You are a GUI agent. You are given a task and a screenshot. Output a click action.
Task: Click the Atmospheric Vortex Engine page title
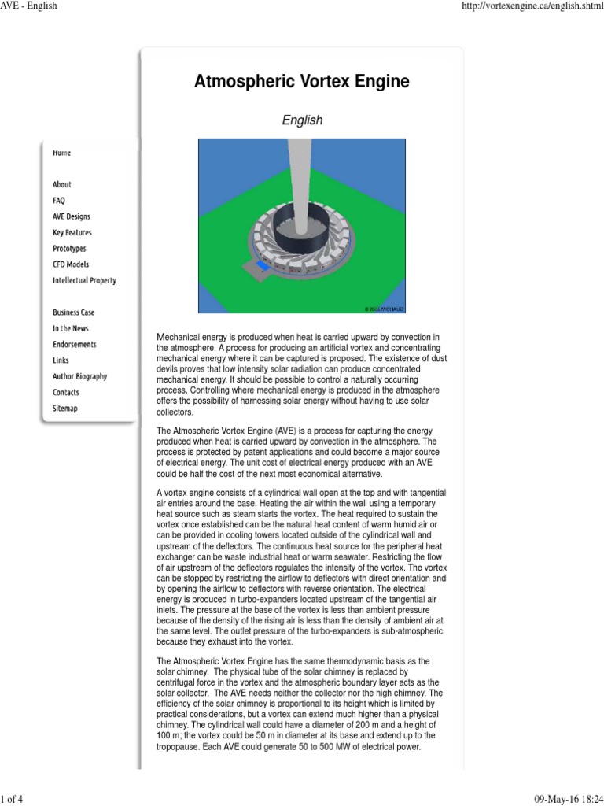click(x=302, y=82)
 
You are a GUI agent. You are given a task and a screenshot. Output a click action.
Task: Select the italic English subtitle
click(x=302, y=120)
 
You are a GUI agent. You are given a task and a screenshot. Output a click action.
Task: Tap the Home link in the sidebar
click(x=61, y=153)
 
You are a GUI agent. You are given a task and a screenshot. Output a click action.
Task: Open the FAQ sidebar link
click(x=59, y=201)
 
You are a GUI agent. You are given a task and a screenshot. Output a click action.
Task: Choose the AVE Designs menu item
click(x=71, y=216)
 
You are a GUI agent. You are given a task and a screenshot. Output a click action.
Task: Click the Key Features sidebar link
click(x=72, y=233)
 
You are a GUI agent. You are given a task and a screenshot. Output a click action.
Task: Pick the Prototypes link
click(x=69, y=249)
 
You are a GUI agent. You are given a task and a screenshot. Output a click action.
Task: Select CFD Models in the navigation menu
click(x=71, y=264)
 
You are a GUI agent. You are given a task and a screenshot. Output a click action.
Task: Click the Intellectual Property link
click(x=84, y=280)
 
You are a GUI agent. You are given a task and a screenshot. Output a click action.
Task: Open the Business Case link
click(x=73, y=312)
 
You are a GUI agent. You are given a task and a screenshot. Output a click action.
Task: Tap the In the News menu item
click(x=70, y=328)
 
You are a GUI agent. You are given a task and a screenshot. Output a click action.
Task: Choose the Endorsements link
click(x=75, y=344)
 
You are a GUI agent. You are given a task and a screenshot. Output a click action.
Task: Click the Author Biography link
click(x=79, y=376)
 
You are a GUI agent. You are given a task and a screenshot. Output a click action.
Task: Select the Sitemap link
click(x=64, y=409)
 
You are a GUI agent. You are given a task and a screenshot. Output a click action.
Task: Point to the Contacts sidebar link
click(x=65, y=392)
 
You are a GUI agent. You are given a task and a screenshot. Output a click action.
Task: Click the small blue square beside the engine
click(x=264, y=268)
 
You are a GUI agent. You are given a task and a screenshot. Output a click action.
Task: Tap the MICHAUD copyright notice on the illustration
click(x=385, y=308)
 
